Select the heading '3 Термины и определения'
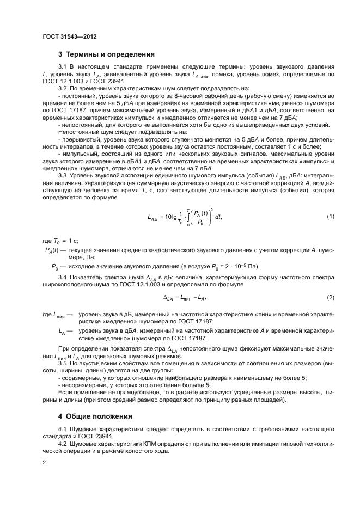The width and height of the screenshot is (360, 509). [x=106, y=54]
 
